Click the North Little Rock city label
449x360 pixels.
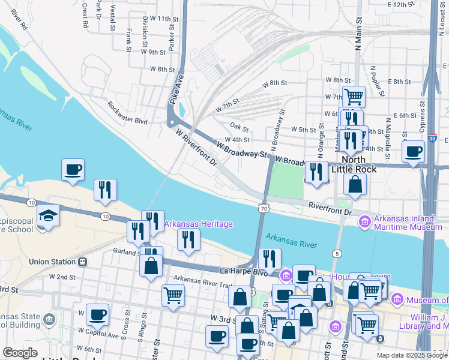(359, 164)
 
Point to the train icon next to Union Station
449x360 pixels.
(82, 262)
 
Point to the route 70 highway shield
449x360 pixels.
(264, 208)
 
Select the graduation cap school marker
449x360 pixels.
(48, 215)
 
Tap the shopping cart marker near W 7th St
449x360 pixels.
(354, 95)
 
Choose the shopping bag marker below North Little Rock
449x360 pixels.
(355, 184)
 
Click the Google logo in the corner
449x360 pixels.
(20, 353)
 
